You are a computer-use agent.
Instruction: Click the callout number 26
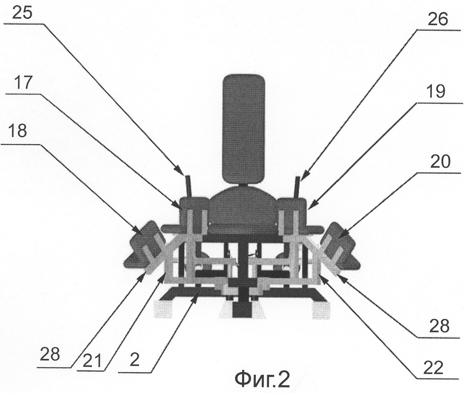(x=438, y=19)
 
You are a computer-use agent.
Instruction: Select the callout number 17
(x=23, y=83)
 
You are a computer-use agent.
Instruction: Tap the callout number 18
(x=18, y=131)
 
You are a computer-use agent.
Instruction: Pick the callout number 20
(x=440, y=162)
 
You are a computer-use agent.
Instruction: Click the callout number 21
(x=92, y=361)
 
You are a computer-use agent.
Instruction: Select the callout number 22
(x=433, y=368)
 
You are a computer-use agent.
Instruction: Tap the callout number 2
(x=135, y=360)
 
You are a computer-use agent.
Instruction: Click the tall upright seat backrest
(x=243, y=129)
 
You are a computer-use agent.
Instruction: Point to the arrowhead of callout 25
(x=179, y=170)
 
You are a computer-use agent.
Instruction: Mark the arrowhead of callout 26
(x=305, y=174)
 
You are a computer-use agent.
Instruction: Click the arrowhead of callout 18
(x=138, y=230)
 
